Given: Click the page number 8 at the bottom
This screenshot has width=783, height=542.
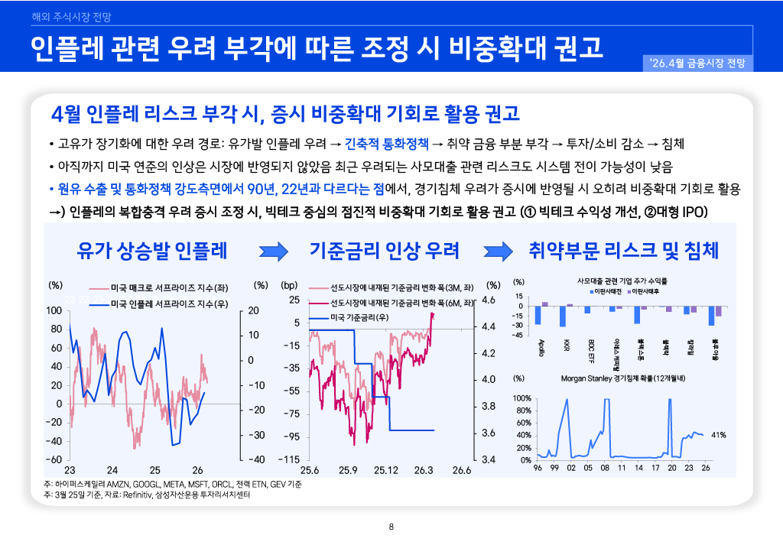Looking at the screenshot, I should click(391, 526).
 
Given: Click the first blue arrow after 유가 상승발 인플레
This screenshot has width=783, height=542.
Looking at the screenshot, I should click(272, 251).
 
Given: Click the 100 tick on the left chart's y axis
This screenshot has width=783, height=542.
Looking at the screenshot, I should click(54, 311).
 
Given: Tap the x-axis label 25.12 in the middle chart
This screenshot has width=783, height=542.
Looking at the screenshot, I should click(386, 469).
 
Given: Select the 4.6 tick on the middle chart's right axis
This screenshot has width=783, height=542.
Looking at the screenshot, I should click(489, 300).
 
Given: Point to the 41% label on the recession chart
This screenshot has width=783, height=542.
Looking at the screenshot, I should click(718, 435).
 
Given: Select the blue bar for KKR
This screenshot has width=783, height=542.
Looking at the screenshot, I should click(563, 316).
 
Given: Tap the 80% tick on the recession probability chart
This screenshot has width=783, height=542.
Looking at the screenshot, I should click(522, 411).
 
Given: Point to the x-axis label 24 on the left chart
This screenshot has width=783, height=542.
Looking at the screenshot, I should click(112, 469).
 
